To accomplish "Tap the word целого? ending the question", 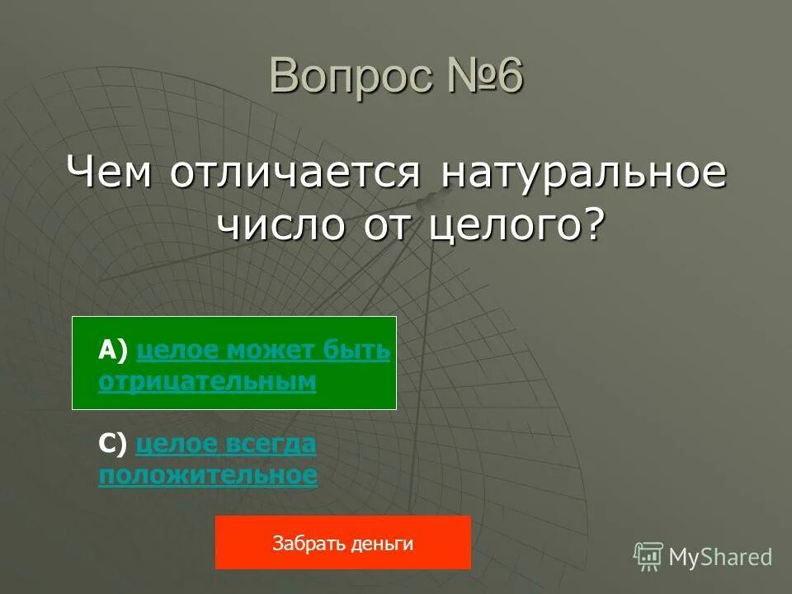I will coord(516,224).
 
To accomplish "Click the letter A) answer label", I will coord(113,351).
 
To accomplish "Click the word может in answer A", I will coord(273,351).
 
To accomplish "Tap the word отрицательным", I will coord(207,381).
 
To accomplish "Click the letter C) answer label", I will coord(113,445).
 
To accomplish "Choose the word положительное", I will coord(207,475).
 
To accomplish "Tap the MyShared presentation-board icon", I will coord(648,557).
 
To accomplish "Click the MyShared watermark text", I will coord(720,558).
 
